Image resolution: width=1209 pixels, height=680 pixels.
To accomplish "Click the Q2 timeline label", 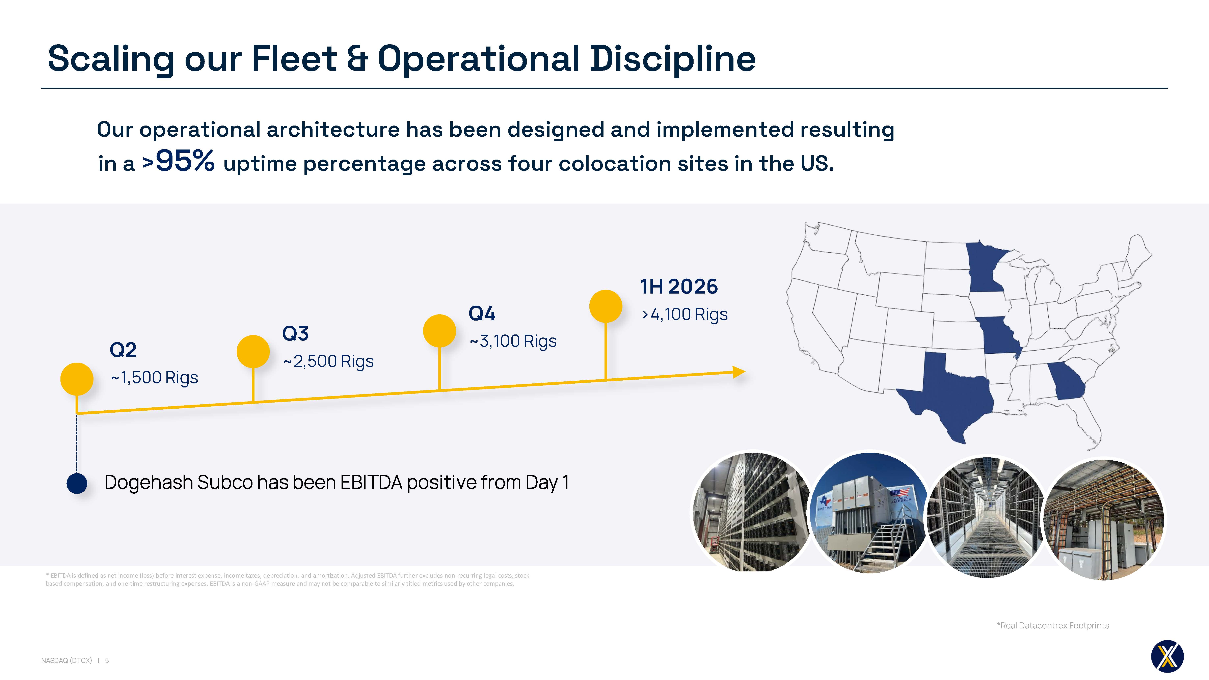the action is [x=123, y=350].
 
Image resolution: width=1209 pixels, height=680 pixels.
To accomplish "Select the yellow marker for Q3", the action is [x=253, y=352].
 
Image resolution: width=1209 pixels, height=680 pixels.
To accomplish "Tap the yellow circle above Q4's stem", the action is [x=439, y=331].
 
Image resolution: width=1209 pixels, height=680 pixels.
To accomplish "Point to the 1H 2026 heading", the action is [x=679, y=286].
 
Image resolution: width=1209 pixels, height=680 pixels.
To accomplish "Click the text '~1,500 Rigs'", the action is [x=154, y=378].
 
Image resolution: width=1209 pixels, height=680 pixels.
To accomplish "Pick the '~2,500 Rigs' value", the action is [x=328, y=361].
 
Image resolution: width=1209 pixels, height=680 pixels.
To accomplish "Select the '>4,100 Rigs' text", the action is [x=685, y=315].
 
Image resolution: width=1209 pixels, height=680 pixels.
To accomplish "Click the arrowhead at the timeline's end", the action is [x=739, y=372].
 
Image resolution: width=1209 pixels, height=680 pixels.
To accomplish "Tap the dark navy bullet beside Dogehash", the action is [x=77, y=483].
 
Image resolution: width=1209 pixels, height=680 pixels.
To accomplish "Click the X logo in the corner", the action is [x=1167, y=656].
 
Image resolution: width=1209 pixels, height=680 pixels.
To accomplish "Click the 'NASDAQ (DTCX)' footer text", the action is [x=67, y=660].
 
